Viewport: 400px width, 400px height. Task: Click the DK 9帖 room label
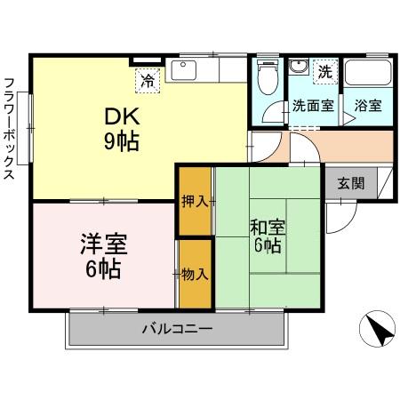(124, 128)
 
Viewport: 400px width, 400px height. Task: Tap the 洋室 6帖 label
(105, 252)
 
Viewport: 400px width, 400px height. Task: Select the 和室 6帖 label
(267, 234)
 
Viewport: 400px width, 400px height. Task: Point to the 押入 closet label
(196, 201)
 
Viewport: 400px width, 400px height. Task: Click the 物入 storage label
(196, 273)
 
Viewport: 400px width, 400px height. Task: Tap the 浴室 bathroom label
(368, 105)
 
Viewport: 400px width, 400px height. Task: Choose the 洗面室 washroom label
(313, 105)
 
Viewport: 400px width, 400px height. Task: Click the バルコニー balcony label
(178, 330)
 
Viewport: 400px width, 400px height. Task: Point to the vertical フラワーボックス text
(10, 129)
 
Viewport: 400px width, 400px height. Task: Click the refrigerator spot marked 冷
(147, 81)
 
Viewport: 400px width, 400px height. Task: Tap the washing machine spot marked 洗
(324, 70)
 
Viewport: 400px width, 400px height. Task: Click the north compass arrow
(380, 333)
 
